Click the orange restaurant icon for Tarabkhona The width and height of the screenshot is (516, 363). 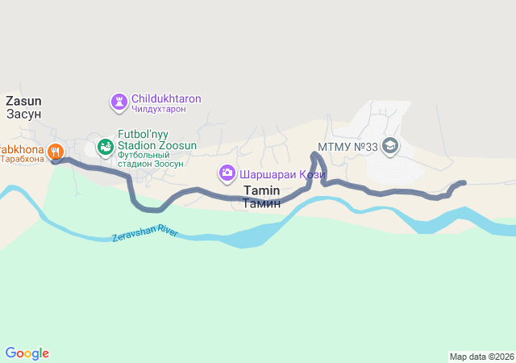click(x=55, y=150)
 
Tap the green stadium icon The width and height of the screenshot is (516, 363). click(x=105, y=147)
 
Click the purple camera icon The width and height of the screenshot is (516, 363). click(x=227, y=173)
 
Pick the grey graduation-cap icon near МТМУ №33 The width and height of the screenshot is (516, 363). click(x=390, y=146)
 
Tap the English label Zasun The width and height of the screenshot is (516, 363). click(x=23, y=101)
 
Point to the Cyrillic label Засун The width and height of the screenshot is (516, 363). click(x=23, y=114)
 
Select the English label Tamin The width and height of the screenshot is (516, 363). click(x=261, y=191)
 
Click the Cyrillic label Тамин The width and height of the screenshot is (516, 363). click(x=261, y=203)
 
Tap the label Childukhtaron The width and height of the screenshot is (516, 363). click(x=166, y=98)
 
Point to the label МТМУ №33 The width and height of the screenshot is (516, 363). click(x=348, y=146)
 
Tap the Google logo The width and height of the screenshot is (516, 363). click(x=27, y=353)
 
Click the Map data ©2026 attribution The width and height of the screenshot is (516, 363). click(x=481, y=357)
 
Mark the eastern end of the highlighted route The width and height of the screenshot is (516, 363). click(x=463, y=183)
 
